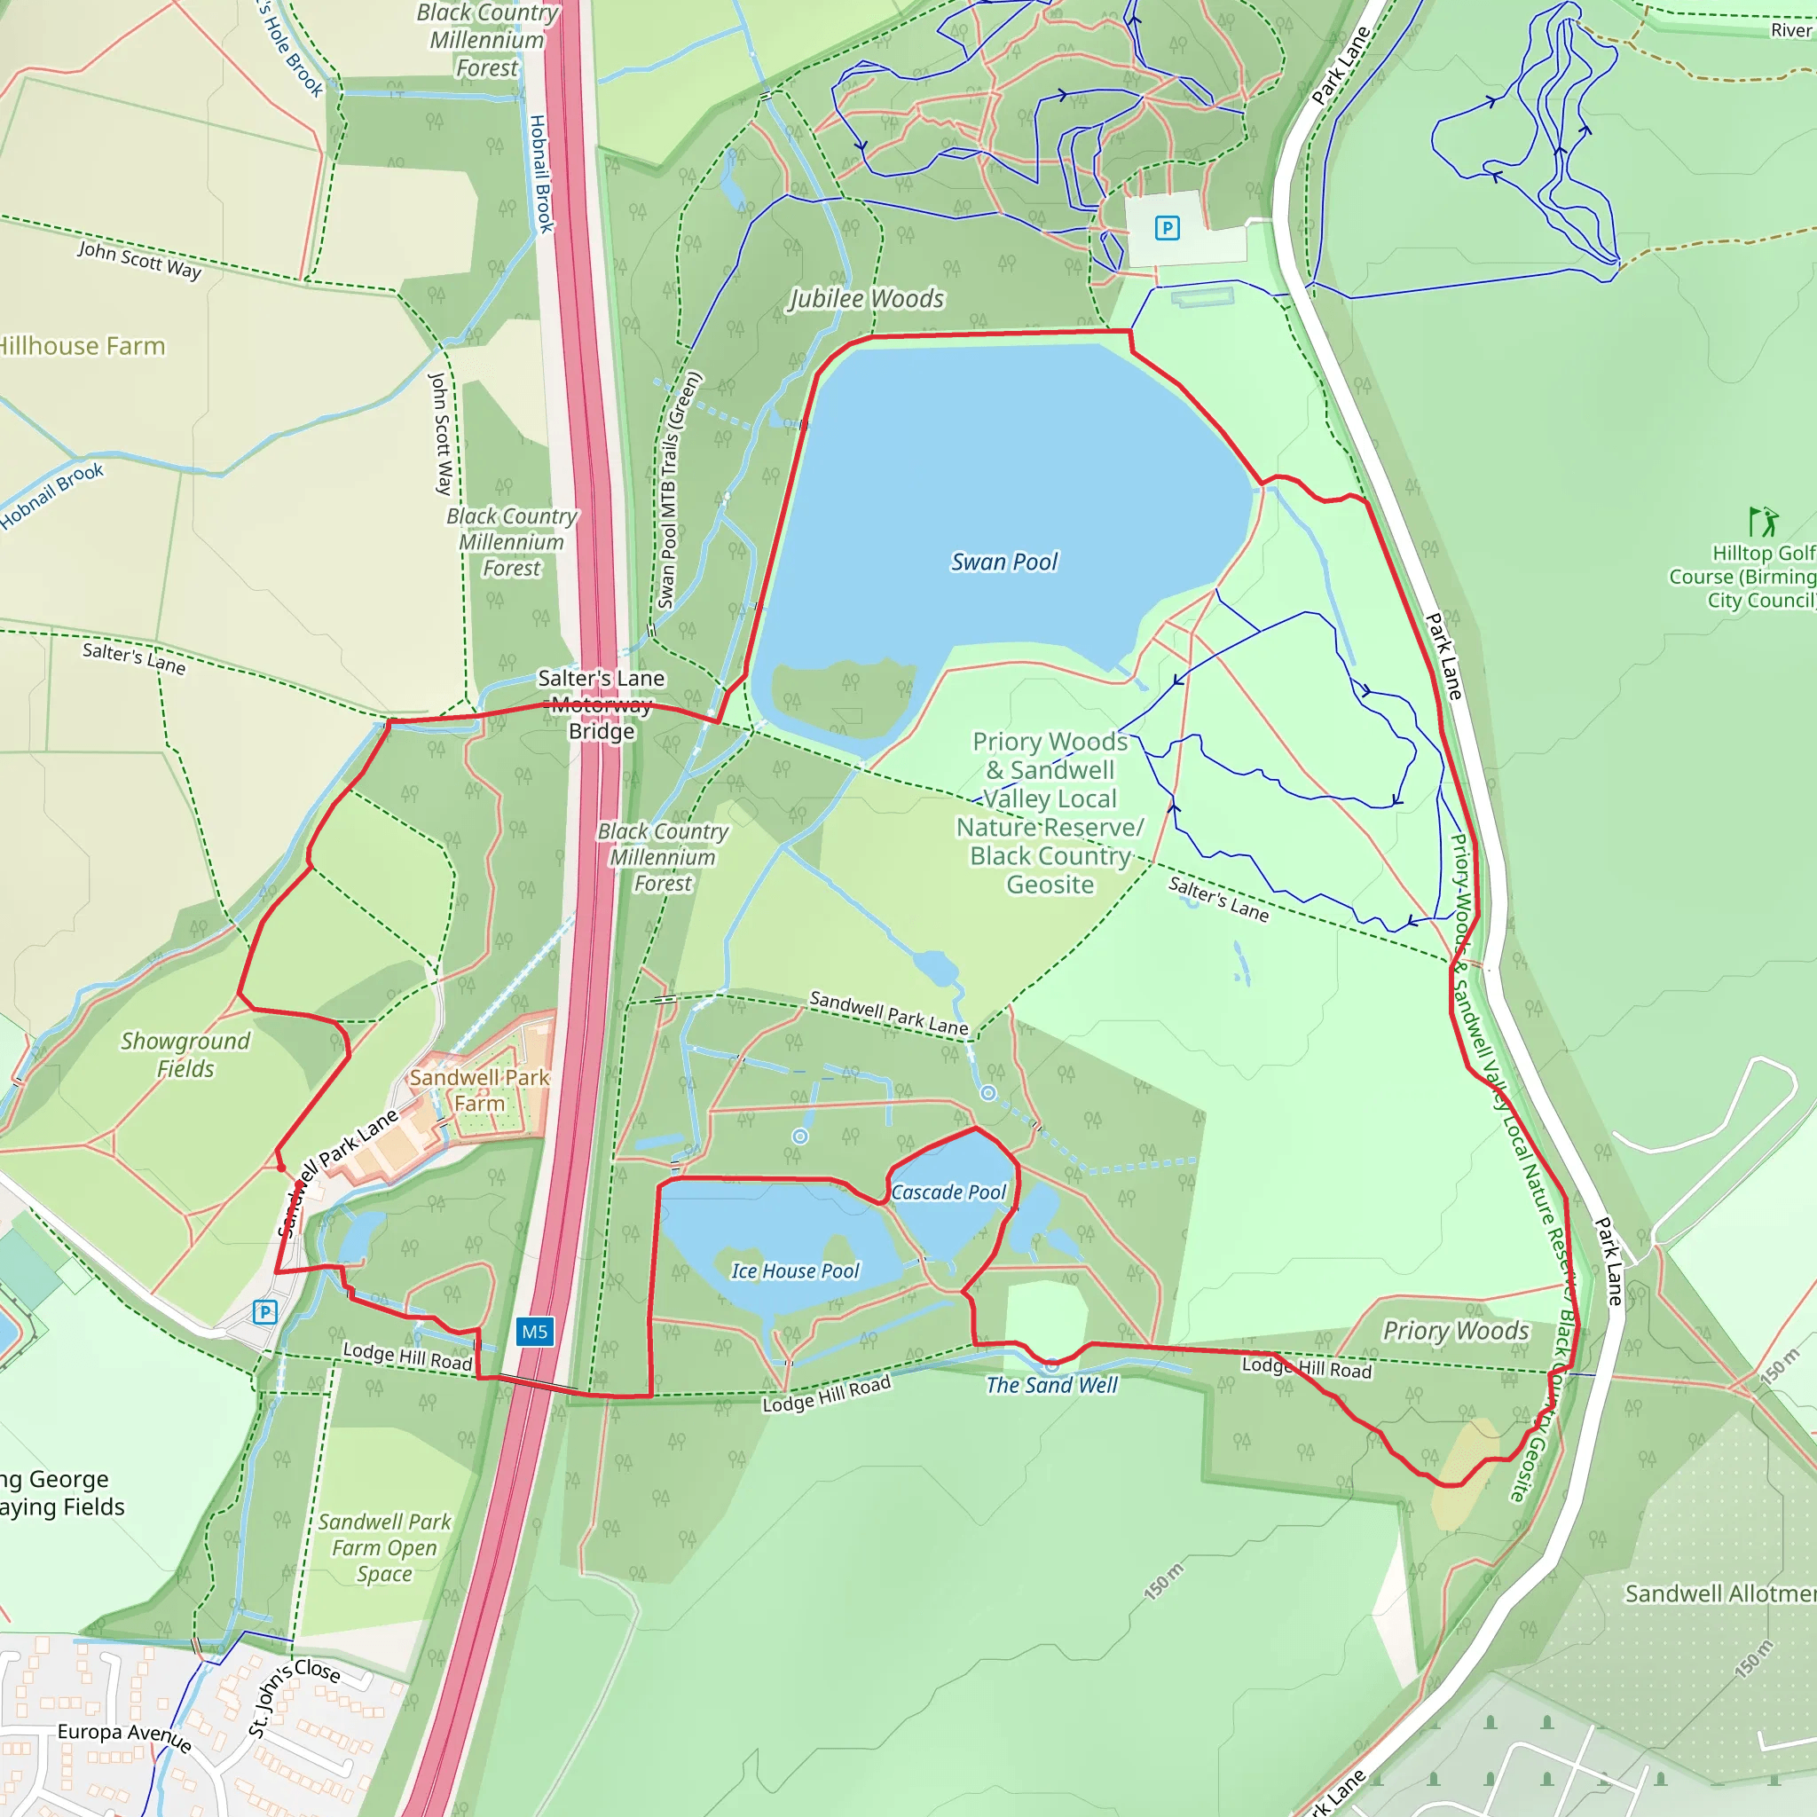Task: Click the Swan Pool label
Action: pyautogui.click(x=1003, y=562)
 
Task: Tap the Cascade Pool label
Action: pyautogui.click(x=948, y=1192)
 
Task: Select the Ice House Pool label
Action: pyautogui.click(x=795, y=1270)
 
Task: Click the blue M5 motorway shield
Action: pyautogui.click(x=534, y=1331)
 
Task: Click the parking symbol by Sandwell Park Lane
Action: pyautogui.click(x=265, y=1311)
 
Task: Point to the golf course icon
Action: pyautogui.click(x=1764, y=521)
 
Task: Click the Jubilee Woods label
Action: pyautogui.click(x=865, y=299)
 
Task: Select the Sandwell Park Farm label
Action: pyautogui.click(x=479, y=1090)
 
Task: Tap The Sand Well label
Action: pyautogui.click(x=1051, y=1384)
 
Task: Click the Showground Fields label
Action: pyautogui.click(x=185, y=1054)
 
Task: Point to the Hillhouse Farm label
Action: pyautogui.click(x=82, y=346)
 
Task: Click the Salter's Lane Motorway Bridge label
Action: pyautogui.click(x=601, y=704)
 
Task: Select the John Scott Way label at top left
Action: pyautogui.click(x=139, y=260)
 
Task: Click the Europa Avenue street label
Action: pyautogui.click(x=124, y=1738)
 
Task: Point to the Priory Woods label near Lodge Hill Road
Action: pyautogui.click(x=1455, y=1331)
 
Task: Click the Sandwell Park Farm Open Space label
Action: pyautogui.click(x=383, y=1547)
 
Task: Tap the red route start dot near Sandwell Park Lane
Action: pyautogui.click(x=281, y=1168)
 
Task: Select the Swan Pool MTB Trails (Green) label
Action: pyautogui.click(x=678, y=490)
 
